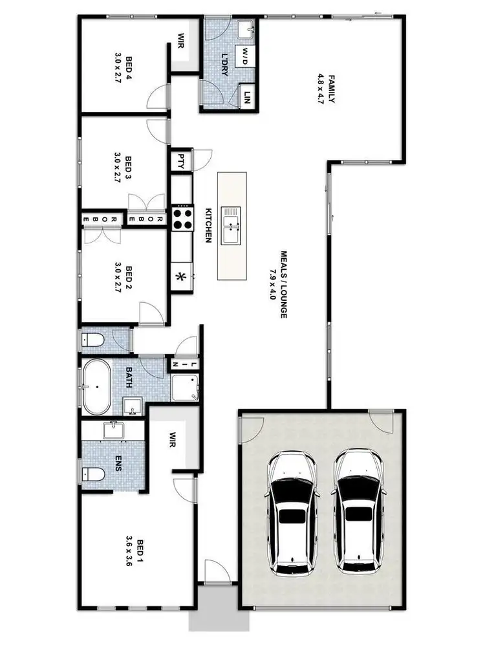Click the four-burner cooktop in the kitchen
coord(182,217)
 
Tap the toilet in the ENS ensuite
coord(94,474)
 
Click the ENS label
coord(118,463)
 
